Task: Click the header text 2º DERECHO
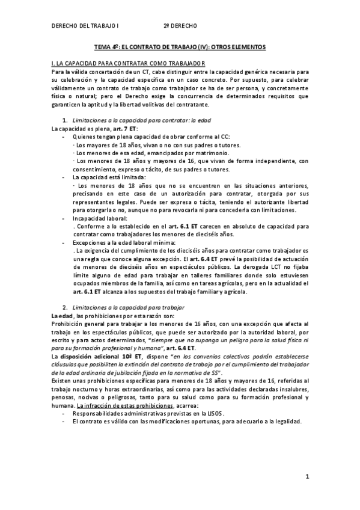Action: click(x=180, y=26)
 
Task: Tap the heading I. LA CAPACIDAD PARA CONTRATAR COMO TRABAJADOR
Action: click(x=129, y=63)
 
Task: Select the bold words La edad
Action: click(x=62, y=315)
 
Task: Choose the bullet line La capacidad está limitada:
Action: click(x=108, y=177)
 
